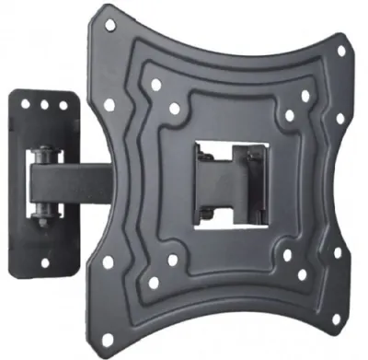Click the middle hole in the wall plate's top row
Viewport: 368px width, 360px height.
[43, 104]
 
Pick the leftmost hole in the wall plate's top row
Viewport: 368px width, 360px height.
[26, 104]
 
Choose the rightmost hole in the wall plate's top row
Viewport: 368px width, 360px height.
[61, 104]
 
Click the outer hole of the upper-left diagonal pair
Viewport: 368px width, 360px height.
[155, 85]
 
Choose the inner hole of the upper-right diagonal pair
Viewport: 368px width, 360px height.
[289, 116]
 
